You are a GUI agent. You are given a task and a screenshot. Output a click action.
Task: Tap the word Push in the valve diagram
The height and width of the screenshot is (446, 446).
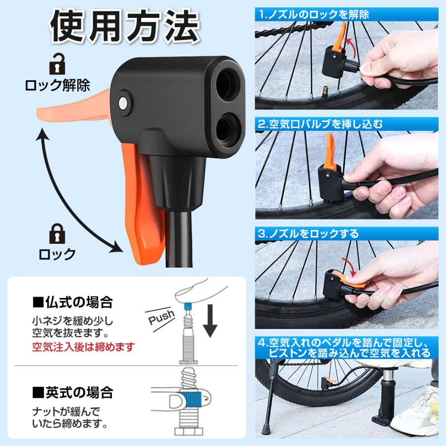[161, 315]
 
